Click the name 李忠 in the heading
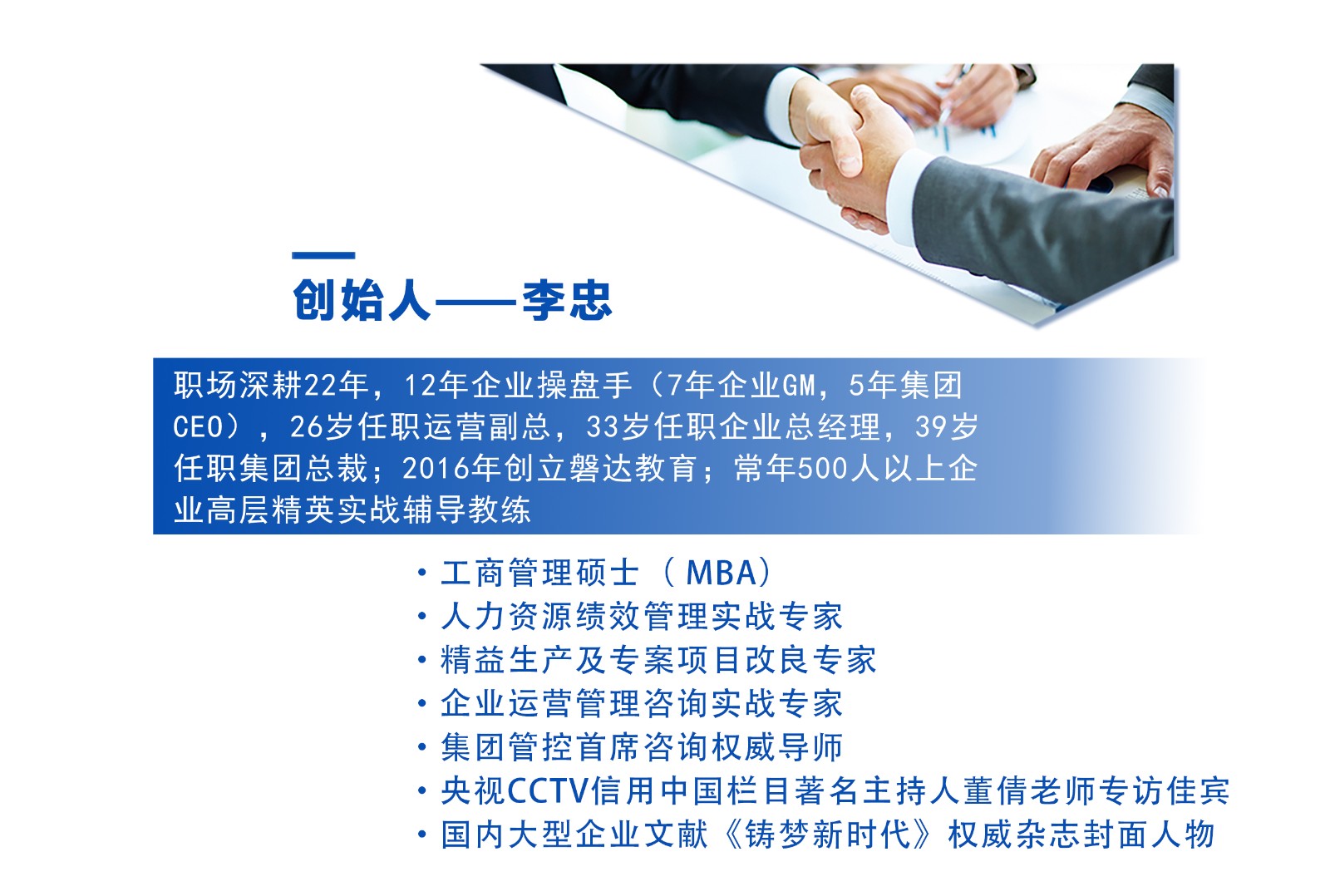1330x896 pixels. (567, 300)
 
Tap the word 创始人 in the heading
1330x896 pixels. (361, 300)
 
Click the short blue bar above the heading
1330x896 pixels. (323, 255)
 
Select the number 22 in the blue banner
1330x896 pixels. (320, 386)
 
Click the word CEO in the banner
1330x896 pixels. (198, 427)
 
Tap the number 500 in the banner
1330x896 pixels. (820, 469)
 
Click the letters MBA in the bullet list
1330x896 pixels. (722, 573)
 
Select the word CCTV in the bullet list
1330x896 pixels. (549, 790)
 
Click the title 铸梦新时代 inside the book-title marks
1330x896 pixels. (828, 834)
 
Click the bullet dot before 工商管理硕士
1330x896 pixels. (422, 573)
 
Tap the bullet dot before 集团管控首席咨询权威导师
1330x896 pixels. (422, 747)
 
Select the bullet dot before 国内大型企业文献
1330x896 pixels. (422, 834)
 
